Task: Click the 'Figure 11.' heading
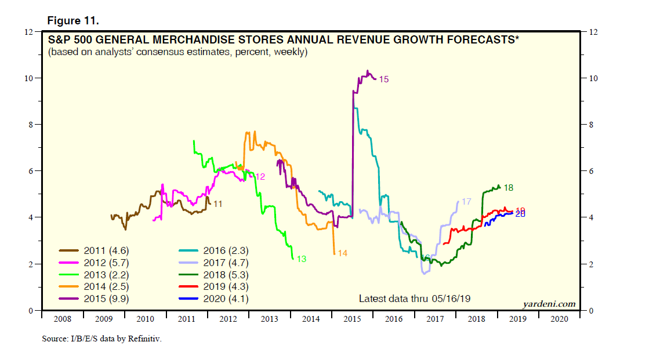(73, 20)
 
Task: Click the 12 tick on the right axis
(593, 32)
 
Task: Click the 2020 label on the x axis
(559, 319)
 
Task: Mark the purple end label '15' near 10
(383, 79)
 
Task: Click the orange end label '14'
(342, 253)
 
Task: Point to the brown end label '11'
(218, 204)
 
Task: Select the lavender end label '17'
(466, 201)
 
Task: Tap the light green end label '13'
(301, 259)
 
